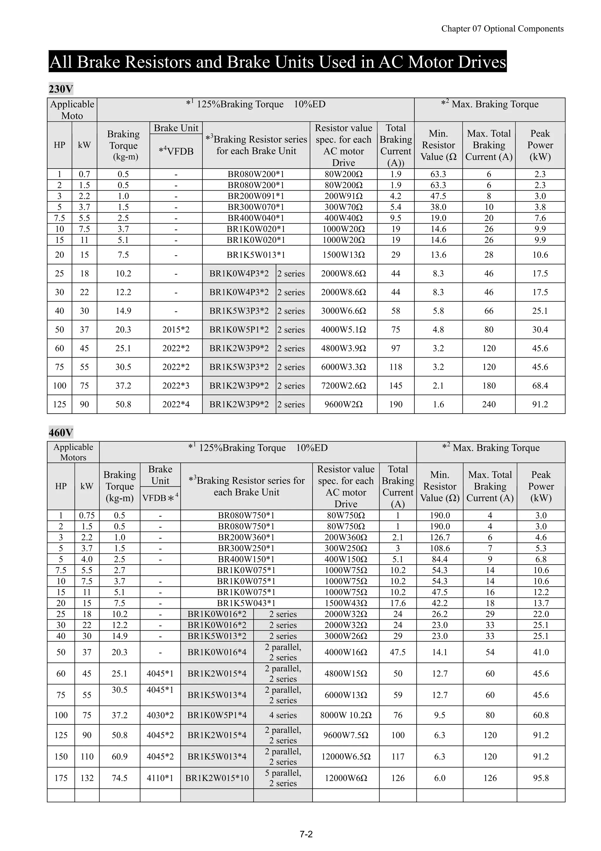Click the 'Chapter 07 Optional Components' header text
(502, 29)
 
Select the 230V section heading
(61, 89)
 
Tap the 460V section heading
(61, 432)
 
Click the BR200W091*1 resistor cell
(256, 196)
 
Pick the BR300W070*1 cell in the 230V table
(256, 207)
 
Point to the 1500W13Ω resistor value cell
(343, 255)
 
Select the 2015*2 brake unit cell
(176, 330)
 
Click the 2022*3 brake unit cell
(176, 385)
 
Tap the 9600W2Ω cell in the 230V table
(343, 404)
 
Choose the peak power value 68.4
(540, 385)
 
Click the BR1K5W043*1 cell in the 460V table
(246, 603)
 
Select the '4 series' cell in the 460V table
(283, 715)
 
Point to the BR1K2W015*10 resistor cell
(217, 778)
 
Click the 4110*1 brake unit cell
(160, 778)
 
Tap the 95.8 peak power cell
(541, 778)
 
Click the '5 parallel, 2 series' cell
(283, 778)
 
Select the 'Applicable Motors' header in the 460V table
(73, 452)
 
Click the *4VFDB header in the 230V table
(176, 151)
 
